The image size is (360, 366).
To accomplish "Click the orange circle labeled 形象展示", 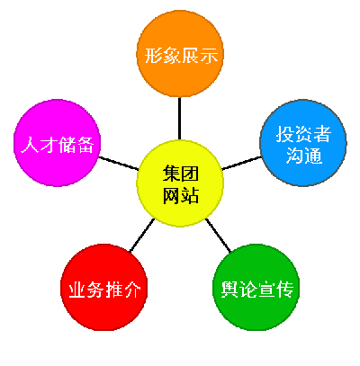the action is pos(180,54).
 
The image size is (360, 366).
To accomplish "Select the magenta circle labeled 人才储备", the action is pos(58,143).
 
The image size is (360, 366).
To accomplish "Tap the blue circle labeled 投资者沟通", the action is pos(303,143).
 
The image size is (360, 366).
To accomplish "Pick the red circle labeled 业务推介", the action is pos(104,287).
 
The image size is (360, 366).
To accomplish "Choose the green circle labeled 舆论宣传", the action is pos(256,287).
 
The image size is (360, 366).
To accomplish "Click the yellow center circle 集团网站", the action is pos(180,183).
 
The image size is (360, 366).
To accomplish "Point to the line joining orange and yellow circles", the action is pos(179,119).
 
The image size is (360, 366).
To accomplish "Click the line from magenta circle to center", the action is pos(119,164).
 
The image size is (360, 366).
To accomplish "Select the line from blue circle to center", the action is pos(242,163).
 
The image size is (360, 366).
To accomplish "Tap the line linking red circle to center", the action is pos(142,235).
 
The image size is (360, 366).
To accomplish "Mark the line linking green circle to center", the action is pos(218,236).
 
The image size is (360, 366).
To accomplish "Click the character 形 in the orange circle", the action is pos(154,55).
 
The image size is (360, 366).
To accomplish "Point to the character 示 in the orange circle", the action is pos(209,55).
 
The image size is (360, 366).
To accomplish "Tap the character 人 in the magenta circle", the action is pos(30,145).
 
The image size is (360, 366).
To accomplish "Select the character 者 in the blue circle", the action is pos(321,134).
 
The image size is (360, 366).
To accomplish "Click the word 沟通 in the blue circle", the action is pos(303,156).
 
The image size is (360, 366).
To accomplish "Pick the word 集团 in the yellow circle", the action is pos(181,173).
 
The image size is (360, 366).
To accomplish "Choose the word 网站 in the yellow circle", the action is pos(181,196).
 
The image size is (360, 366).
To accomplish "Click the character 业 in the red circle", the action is pos(77,290).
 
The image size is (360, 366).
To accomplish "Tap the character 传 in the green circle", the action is pos(284,290).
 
